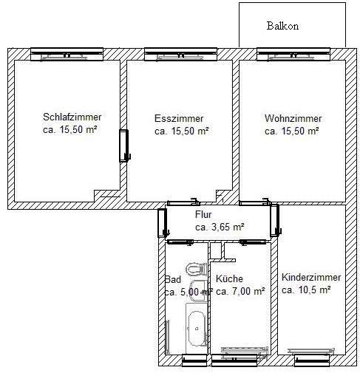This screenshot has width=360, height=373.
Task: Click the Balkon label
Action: tap(282, 26)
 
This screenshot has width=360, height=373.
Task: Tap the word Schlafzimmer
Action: tap(72, 117)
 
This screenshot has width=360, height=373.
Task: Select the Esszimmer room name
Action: tap(179, 118)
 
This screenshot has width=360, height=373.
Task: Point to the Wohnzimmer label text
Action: tap(293, 118)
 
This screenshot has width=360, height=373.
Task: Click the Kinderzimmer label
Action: tap(311, 278)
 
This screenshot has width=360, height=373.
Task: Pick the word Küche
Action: tap(229, 278)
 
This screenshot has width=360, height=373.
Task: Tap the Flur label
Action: tap(203, 214)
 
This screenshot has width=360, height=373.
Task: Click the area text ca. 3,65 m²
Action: tap(220, 227)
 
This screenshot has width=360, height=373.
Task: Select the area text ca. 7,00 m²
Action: tap(240, 291)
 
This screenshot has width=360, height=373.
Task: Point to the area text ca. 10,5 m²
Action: tap(306, 290)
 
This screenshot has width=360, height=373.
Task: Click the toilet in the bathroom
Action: tap(197, 269)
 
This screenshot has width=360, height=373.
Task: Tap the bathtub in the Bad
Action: tap(197, 329)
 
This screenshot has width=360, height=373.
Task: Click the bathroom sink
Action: tap(197, 290)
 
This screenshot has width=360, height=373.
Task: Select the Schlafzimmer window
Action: tap(67, 54)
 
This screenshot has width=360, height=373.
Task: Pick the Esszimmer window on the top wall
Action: tap(180, 54)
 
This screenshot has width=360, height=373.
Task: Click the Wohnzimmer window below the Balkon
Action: tap(293, 54)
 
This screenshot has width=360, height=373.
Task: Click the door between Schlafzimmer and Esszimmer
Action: tap(124, 146)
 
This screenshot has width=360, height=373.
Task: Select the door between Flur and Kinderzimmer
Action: tap(276, 220)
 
